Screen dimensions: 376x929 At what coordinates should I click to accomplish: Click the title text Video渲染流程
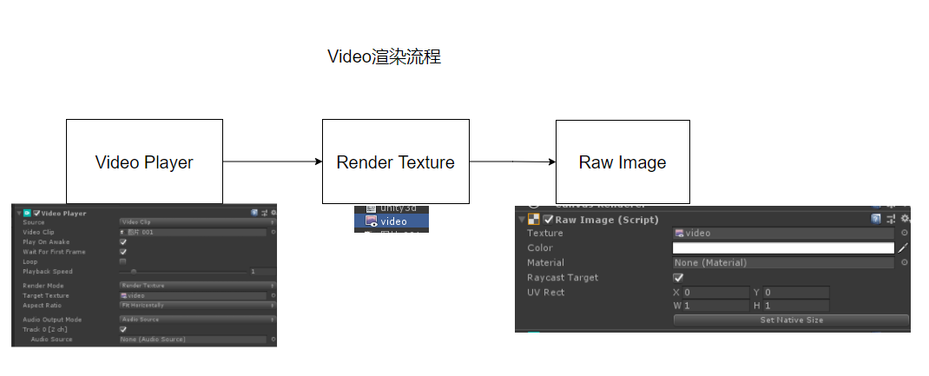(384, 57)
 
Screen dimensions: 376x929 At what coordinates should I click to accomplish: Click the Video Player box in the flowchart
(144, 162)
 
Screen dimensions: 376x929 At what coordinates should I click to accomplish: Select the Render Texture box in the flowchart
(395, 162)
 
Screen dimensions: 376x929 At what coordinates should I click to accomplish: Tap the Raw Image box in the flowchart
(623, 162)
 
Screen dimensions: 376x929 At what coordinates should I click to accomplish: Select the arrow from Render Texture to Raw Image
(512, 162)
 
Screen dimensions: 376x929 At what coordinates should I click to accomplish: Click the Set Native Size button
(791, 320)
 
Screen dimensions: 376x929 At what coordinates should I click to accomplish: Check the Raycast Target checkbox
(679, 278)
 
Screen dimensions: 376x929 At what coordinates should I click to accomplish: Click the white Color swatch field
(783, 248)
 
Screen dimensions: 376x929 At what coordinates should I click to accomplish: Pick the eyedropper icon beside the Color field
(903, 248)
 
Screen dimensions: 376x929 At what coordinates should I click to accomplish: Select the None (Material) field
(783, 263)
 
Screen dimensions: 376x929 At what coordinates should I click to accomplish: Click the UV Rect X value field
(715, 293)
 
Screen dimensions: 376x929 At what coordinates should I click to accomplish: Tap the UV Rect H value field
(795, 306)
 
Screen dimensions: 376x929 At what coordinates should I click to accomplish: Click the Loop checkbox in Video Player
(122, 261)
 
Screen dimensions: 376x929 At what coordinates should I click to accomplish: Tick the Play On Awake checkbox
(122, 242)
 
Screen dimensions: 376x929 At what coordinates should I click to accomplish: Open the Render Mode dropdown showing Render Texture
(196, 286)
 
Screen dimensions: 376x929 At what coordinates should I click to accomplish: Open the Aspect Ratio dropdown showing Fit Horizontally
(196, 305)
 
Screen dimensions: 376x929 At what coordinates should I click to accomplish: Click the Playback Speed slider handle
(134, 272)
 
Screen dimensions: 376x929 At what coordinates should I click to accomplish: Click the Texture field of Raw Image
(783, 234)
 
